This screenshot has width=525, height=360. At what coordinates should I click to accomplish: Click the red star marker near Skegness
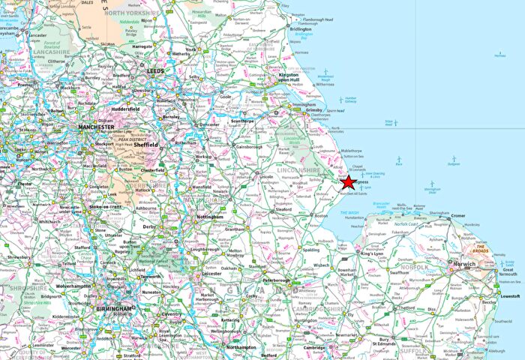(x=349, y=182)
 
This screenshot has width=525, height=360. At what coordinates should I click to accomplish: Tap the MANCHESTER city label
(x=95, y=127)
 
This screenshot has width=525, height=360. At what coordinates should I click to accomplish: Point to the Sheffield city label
(x=145, y=145)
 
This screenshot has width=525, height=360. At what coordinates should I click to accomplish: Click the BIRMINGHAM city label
(x=112, y=308)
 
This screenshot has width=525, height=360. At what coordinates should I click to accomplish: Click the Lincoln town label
(x=266, y=176)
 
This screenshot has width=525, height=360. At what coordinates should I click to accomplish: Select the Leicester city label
(x=211, y=274)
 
